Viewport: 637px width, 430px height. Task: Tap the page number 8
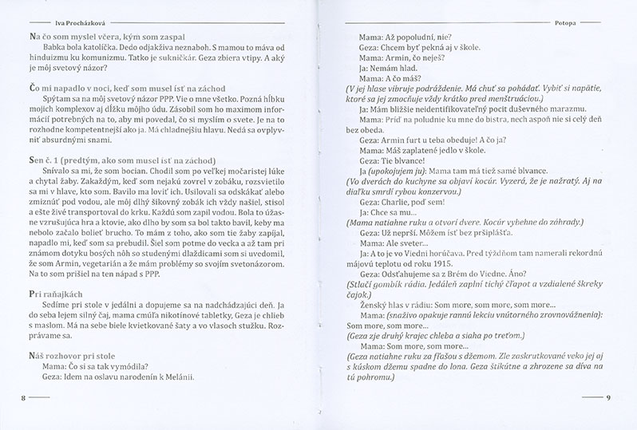pos(11,394)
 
